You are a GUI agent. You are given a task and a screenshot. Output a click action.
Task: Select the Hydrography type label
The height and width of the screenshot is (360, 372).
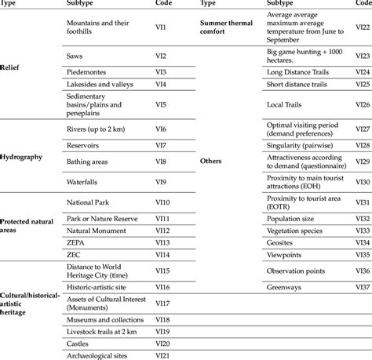point(21,156)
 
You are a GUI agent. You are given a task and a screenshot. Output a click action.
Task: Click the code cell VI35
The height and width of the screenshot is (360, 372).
point(362,254)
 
